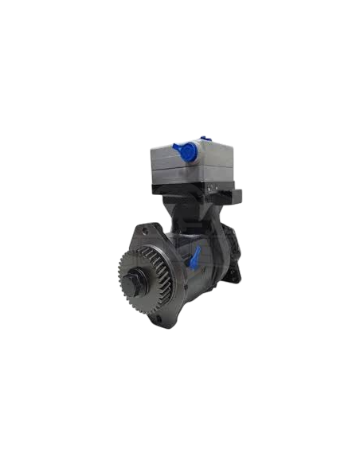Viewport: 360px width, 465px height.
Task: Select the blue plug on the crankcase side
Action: (x=194, y=257)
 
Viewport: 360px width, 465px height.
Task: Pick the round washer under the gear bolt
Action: (x=134, y=287)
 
